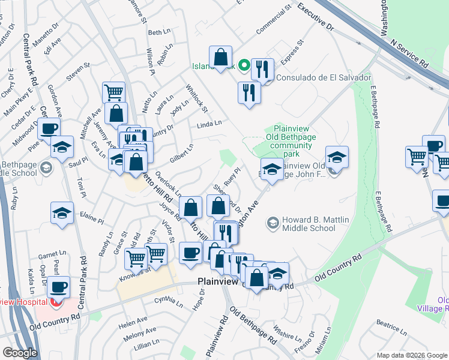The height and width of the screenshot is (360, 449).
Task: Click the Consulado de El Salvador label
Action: pos(320,78)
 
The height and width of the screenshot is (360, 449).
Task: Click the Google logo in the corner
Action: pos(19,353)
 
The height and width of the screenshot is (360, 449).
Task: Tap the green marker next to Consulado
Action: pos(244,65)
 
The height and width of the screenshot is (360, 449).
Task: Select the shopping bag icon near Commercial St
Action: pos(220,56)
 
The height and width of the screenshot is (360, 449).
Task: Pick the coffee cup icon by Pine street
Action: pos(49,127)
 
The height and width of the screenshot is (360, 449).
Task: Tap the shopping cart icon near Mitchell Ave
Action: pos(113,92)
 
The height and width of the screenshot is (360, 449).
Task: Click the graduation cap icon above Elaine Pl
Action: pos(62,213)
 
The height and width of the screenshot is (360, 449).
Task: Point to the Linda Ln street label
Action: pos(209,124)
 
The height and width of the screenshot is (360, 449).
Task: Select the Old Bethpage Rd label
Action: pos(252,328)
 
